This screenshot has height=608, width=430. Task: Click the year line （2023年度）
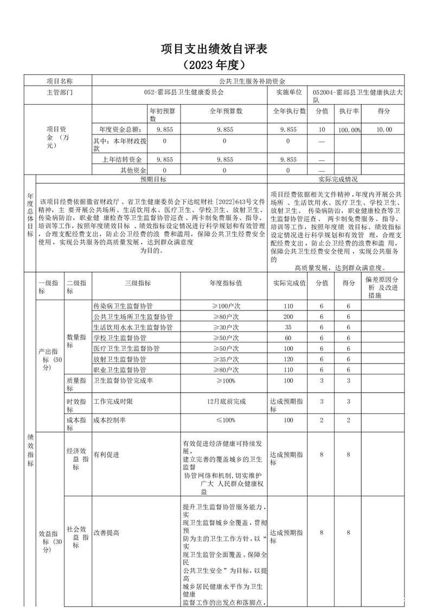215,64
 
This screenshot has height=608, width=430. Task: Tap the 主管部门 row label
59,92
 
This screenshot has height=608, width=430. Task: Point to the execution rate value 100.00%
349,130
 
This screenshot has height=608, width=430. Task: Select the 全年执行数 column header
288,111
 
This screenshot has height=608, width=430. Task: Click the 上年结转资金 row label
122,159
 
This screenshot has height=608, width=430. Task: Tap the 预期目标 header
153,179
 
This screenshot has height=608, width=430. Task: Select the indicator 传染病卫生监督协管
123,306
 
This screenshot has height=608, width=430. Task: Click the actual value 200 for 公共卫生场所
288,316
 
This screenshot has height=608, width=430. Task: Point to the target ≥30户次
224,327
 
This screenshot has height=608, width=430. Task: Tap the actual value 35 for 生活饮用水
288,327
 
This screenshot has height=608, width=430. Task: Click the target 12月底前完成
224,402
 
